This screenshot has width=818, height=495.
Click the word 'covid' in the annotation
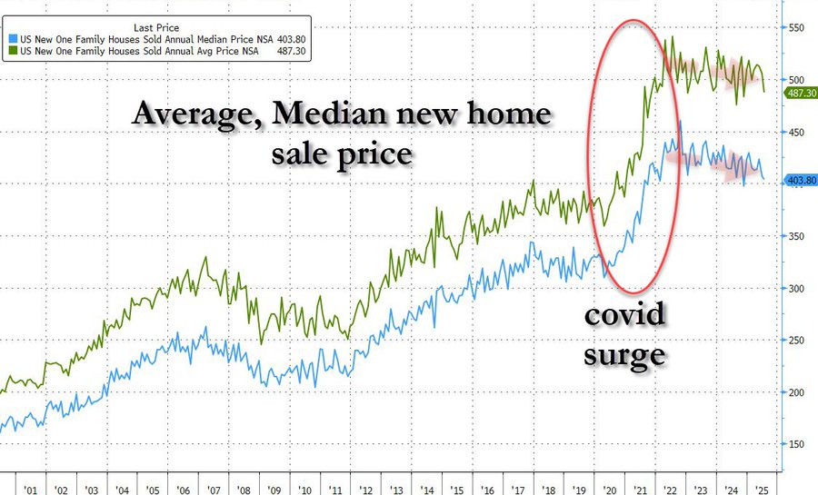point(624,317)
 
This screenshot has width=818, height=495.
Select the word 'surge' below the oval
point(624,353)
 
